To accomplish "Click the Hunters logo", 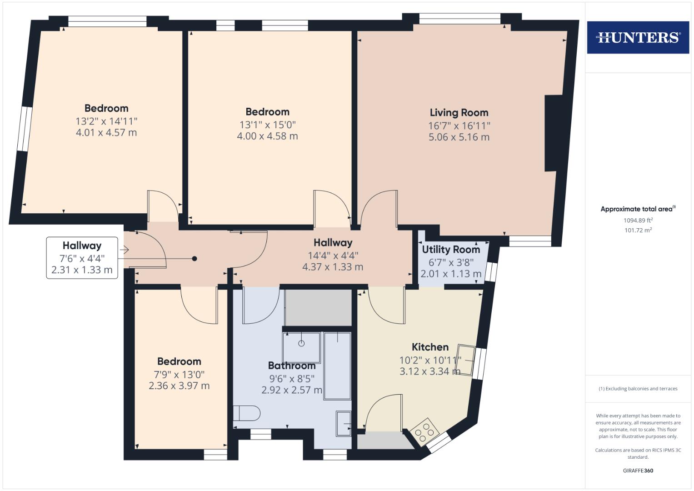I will coord(638,37).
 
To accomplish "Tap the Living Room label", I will coord(459,113).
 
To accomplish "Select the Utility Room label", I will coord(451,250).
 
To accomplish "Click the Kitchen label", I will coord(430,347).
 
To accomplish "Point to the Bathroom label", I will coord(291,366).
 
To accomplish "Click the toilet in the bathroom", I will coord(247,413).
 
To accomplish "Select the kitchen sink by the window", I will coord(466,361).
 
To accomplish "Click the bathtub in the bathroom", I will coord(337,366).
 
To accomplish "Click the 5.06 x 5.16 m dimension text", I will coord(459,137).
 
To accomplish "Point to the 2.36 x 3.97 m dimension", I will coord(179,386).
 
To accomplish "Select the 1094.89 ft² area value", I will coord(638,220).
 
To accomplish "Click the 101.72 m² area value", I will coord(638,230).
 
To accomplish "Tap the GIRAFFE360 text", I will coord(638,471).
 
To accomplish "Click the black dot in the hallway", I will coord(195,259).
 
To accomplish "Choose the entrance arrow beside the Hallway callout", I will coord(125,250).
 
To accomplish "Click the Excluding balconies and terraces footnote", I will coord(638,389).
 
